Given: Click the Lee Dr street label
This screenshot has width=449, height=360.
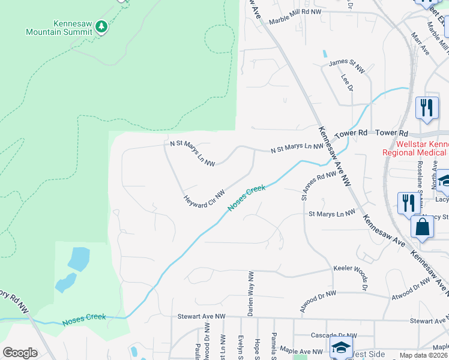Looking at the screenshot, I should (x=346, y=83).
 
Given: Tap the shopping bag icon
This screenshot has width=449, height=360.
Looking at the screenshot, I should (x=423, y=227).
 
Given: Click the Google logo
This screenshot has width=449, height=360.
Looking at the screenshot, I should (x=20, y=352).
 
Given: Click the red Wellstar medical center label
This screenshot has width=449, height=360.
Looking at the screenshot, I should (x=422, y=148).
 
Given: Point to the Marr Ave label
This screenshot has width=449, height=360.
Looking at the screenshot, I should (x=420, y=44).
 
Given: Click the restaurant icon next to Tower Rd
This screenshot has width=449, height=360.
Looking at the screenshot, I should (x=427, y=108).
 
